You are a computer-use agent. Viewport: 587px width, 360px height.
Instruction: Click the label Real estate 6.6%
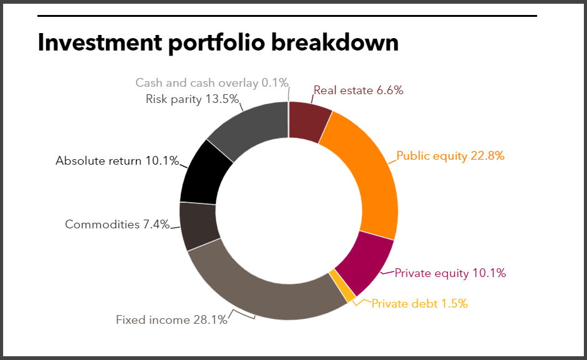(x=358, y=90)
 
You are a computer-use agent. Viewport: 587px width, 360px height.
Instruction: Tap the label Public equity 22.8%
(x=450, y=156)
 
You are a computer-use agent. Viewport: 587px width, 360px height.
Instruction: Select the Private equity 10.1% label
(x=450, y=273)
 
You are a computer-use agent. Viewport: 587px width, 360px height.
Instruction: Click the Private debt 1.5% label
(x=419, y=304)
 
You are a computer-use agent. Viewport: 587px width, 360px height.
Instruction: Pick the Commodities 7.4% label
(x=117, y=225)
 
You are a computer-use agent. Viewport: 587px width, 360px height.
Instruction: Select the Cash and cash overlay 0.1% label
(x=211, y=82)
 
